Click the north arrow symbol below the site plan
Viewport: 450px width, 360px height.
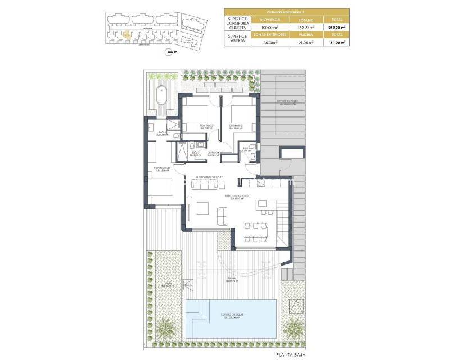click(x=169, y=52)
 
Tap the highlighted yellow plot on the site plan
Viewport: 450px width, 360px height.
click(x=127, y=35)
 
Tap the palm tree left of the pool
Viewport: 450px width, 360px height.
click(x=166, y=327)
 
